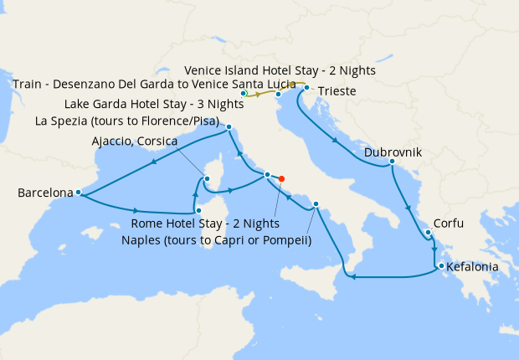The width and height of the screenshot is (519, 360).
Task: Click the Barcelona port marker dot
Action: tap(78, 193)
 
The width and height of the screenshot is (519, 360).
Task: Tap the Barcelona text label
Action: tap(45, 193)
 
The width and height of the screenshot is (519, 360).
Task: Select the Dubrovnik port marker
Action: tap(392, 162)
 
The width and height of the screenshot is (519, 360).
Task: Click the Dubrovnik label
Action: tap(393, 153)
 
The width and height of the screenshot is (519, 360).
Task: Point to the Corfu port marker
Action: tap(427, 233)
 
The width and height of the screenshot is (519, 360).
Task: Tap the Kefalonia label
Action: tap(473, 268)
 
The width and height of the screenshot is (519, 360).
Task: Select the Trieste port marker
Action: tap(307, 88)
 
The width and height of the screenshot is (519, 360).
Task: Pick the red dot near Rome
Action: tap(282, 178)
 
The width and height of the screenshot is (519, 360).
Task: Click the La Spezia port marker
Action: tap(229, 127)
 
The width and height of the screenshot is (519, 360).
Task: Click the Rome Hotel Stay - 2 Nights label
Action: tap(205, 224)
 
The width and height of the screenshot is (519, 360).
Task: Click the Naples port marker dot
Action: tap(316, 204)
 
